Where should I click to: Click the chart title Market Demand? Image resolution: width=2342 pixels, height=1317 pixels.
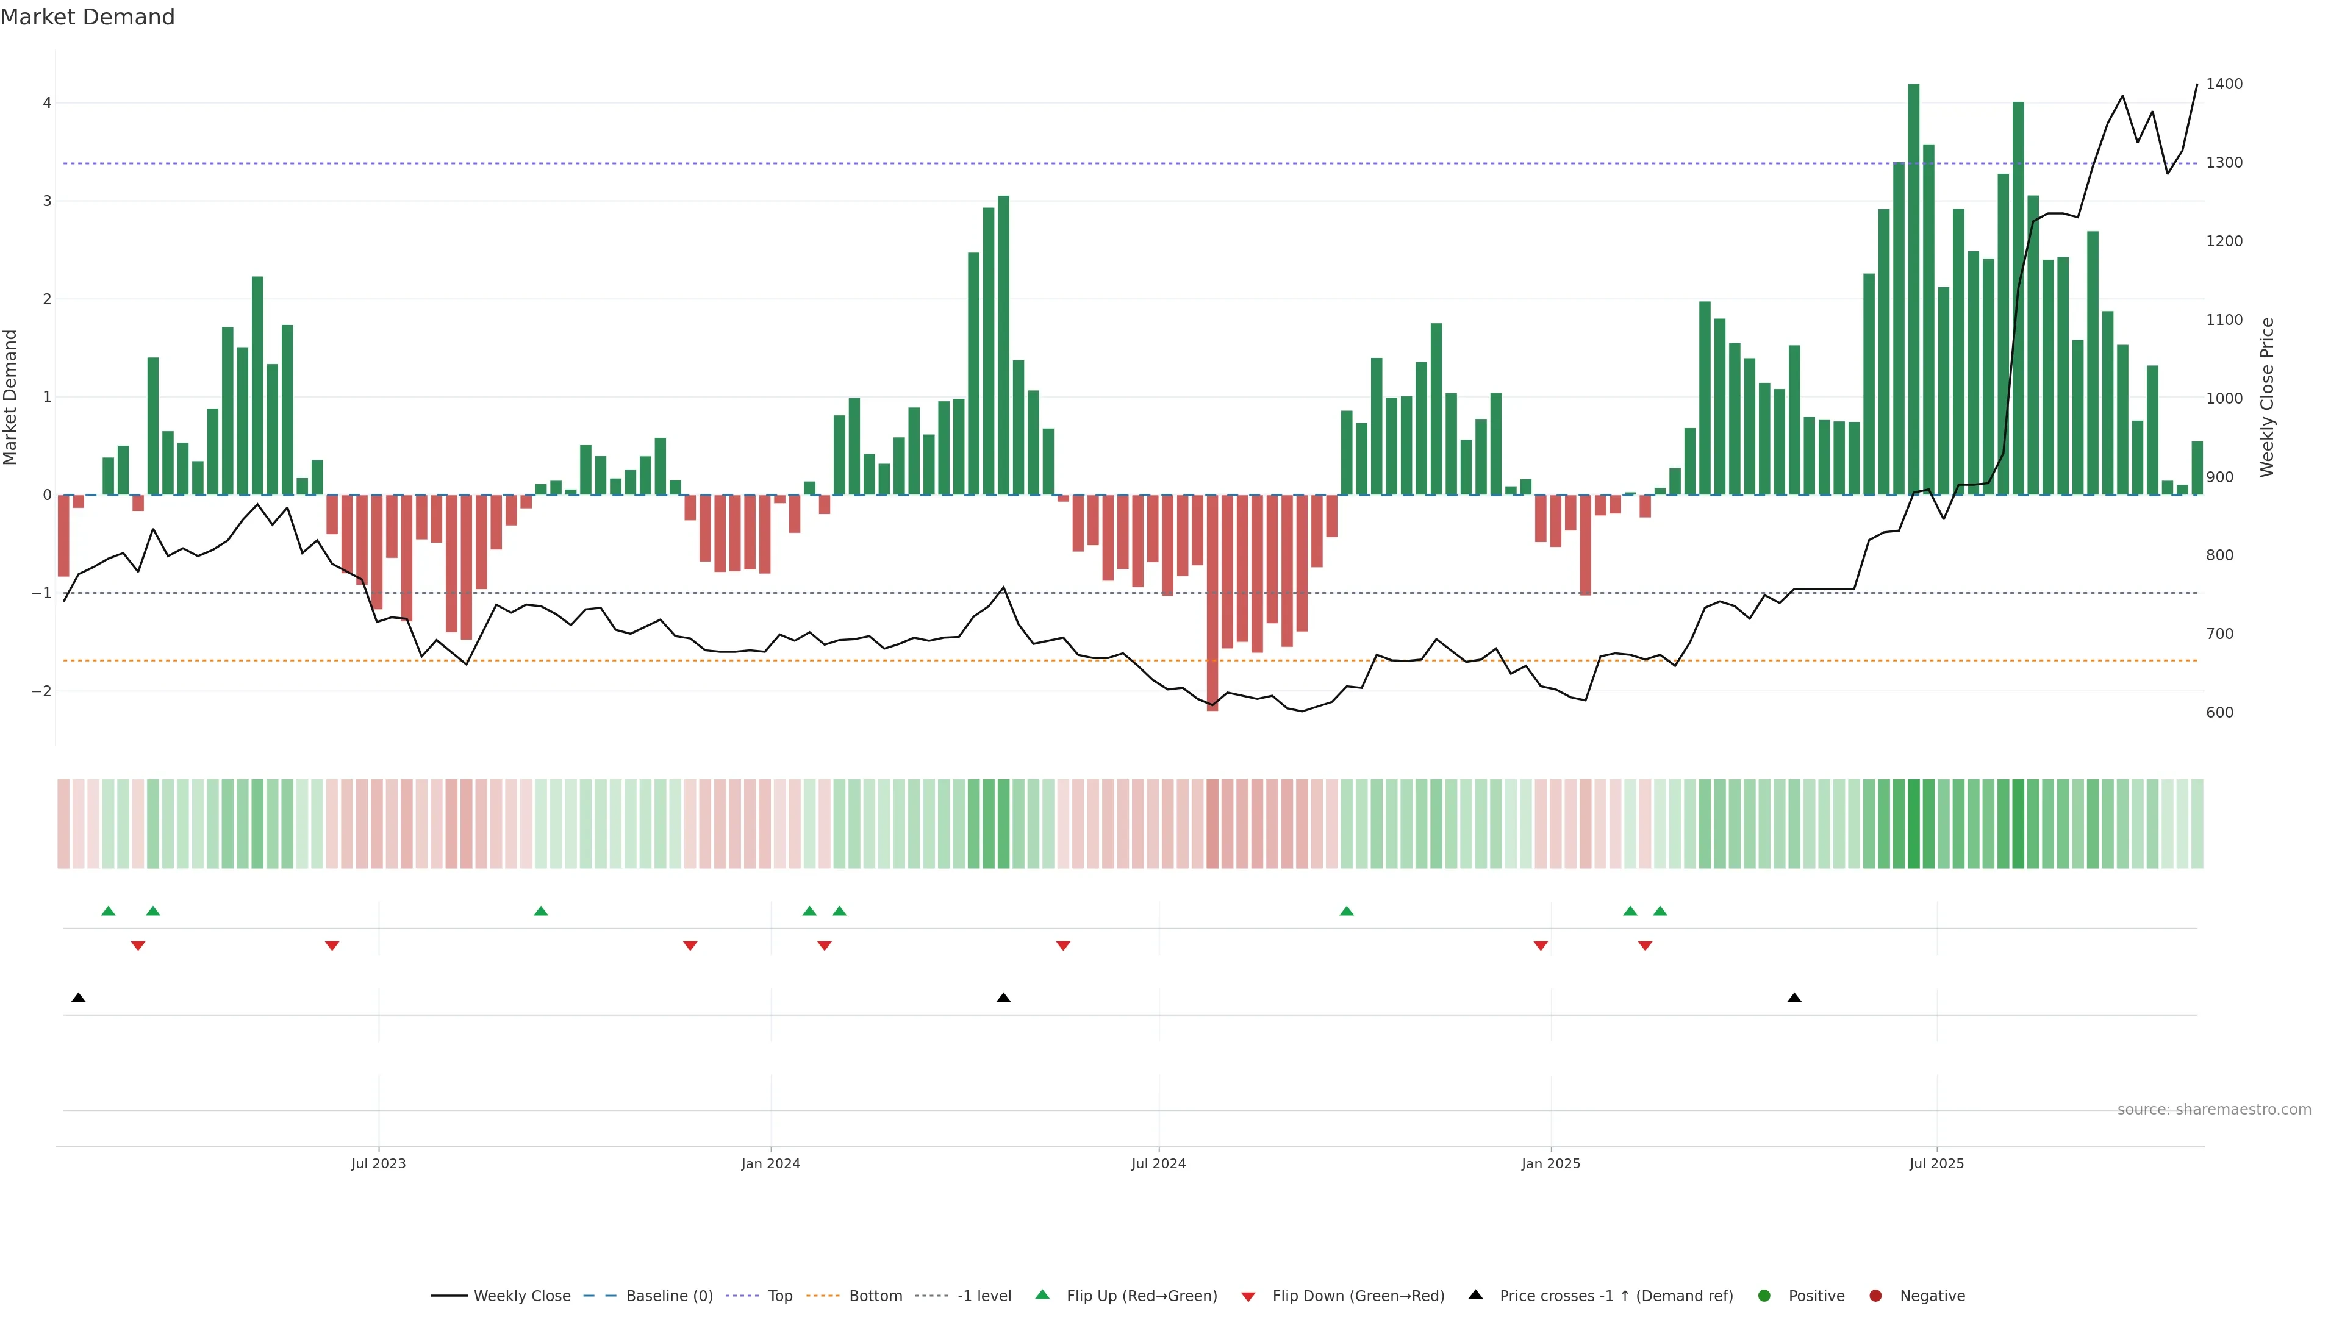[x=87, y=17]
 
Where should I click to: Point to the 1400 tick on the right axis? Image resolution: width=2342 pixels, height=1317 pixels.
[x=2224, y=84]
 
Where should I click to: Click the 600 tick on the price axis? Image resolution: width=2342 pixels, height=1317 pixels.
[x=2219, y=713]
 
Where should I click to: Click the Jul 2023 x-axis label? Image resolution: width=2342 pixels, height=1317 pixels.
[x=378, y=1163]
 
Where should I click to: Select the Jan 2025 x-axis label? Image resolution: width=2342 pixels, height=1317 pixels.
[x=1550, y=1163]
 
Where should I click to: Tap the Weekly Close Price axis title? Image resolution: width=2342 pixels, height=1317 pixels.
[x=2266, y=397]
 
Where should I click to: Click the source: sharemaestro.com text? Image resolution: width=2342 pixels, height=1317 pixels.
[x=2214, y=1110]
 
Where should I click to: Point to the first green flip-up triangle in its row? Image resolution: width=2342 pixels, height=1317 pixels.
[x=108, y=911]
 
